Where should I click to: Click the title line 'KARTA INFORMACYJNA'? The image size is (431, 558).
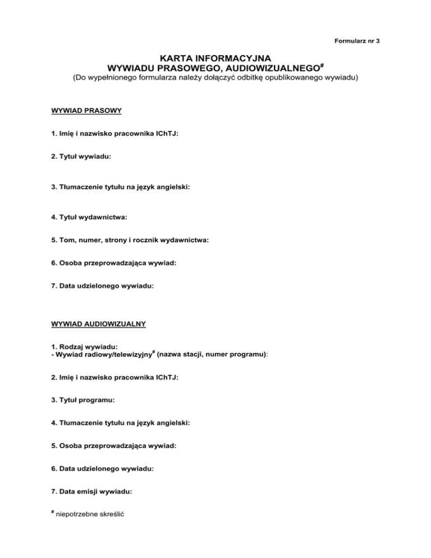click(215, 57)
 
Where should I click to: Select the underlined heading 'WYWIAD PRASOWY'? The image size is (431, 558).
click(82, 111)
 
